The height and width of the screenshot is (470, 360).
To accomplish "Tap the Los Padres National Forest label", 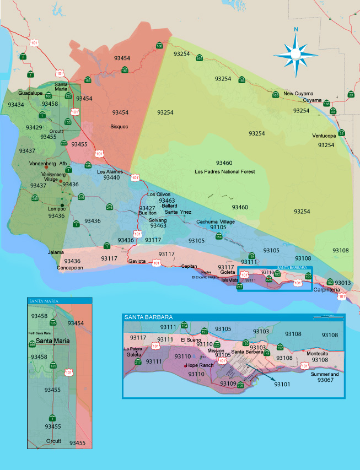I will pyautogui.click(x=225, y=172).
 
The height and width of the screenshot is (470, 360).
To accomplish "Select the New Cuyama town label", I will pyautogui.click(x=298, y=94).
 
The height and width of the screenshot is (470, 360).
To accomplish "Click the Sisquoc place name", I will pyautogui.click(x=119, y=126).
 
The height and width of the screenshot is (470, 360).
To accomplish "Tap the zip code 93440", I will pyautogui.click(x=111, y=178).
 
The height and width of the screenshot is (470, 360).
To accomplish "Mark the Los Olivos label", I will pyautogui.click(x=159, y=195).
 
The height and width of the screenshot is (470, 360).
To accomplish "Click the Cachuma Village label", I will pyautogui.click(x=216, y=222).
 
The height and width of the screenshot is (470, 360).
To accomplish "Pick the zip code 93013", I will pyautogui.click(x=342, y=283).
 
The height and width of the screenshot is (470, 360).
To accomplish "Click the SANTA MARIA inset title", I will pyautogui.click(x=42, y=300).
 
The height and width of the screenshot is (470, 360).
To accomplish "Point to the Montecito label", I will pyautogui.click(x=318, y=353).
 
